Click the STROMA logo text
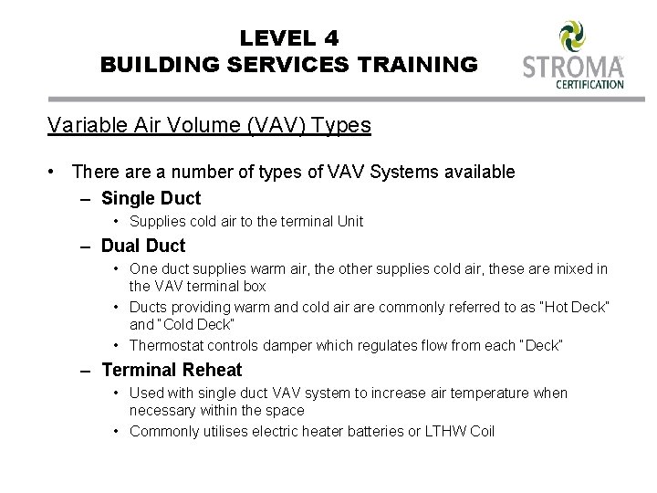572,68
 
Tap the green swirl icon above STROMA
572,36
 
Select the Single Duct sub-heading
151,197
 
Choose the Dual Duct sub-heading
143,245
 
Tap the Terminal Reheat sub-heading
172,369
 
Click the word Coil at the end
480,431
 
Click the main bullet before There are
57,172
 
